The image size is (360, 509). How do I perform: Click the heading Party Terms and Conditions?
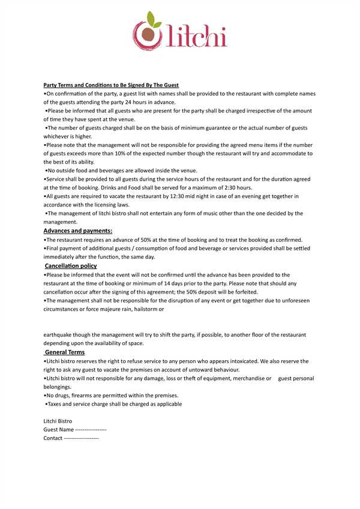[x=111, y=85]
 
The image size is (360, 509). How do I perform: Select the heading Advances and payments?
[x=78, y=230]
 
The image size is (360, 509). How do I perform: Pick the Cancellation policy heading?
[x=71, y=265]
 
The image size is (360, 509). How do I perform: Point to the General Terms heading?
[x=65, y=352]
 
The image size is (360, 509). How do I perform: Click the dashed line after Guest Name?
[x=91, y=430]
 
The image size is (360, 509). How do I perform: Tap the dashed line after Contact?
[x=81, y=438]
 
